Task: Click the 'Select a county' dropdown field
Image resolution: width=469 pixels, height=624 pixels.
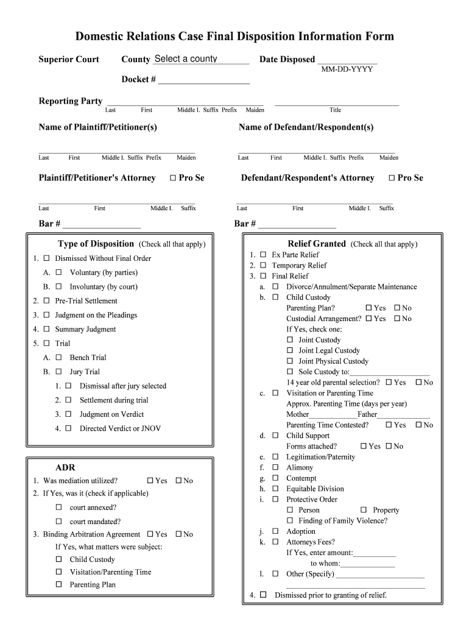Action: [x=201, y=59]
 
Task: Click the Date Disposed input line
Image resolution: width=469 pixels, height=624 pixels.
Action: [x=347, y=60]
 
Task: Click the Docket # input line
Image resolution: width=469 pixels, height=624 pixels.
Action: [x=203, y=80]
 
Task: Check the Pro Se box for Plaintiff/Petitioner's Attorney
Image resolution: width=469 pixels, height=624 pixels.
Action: [x=172, y=178]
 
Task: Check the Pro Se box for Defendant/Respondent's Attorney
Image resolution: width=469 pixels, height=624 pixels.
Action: [x=392, y=178]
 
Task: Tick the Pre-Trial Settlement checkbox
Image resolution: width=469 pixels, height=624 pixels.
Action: [x=46, y=301]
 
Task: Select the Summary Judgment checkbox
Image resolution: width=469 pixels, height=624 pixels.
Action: [x=46, y=329]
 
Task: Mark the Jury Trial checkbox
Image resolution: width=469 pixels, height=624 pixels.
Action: [x=59, y=372]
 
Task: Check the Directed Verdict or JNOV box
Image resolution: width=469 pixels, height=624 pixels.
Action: [x=69, y=428]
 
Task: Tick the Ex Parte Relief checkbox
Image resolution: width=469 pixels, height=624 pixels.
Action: [x=263, y=255]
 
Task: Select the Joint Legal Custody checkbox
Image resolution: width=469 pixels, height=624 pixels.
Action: [x=290, y=350]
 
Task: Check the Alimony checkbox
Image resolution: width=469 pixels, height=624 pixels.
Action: [x=275, y=467]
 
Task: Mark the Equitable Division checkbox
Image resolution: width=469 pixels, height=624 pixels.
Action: [x=275, y=489]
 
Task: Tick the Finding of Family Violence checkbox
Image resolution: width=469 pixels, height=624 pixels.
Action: [x=290, y=520]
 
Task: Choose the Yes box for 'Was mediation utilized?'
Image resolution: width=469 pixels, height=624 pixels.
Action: [x=150, y=481]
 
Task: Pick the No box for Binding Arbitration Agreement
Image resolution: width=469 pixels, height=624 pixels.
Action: [x=179, y=534]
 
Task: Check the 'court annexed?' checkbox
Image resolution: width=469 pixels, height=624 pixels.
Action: [x=59, y=507]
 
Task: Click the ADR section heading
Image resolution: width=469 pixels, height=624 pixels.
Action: [x=65, y=467]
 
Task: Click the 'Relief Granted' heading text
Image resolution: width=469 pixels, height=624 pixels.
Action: [x=317, y=244]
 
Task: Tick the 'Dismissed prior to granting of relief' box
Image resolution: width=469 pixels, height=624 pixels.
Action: [x=263, y=595]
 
